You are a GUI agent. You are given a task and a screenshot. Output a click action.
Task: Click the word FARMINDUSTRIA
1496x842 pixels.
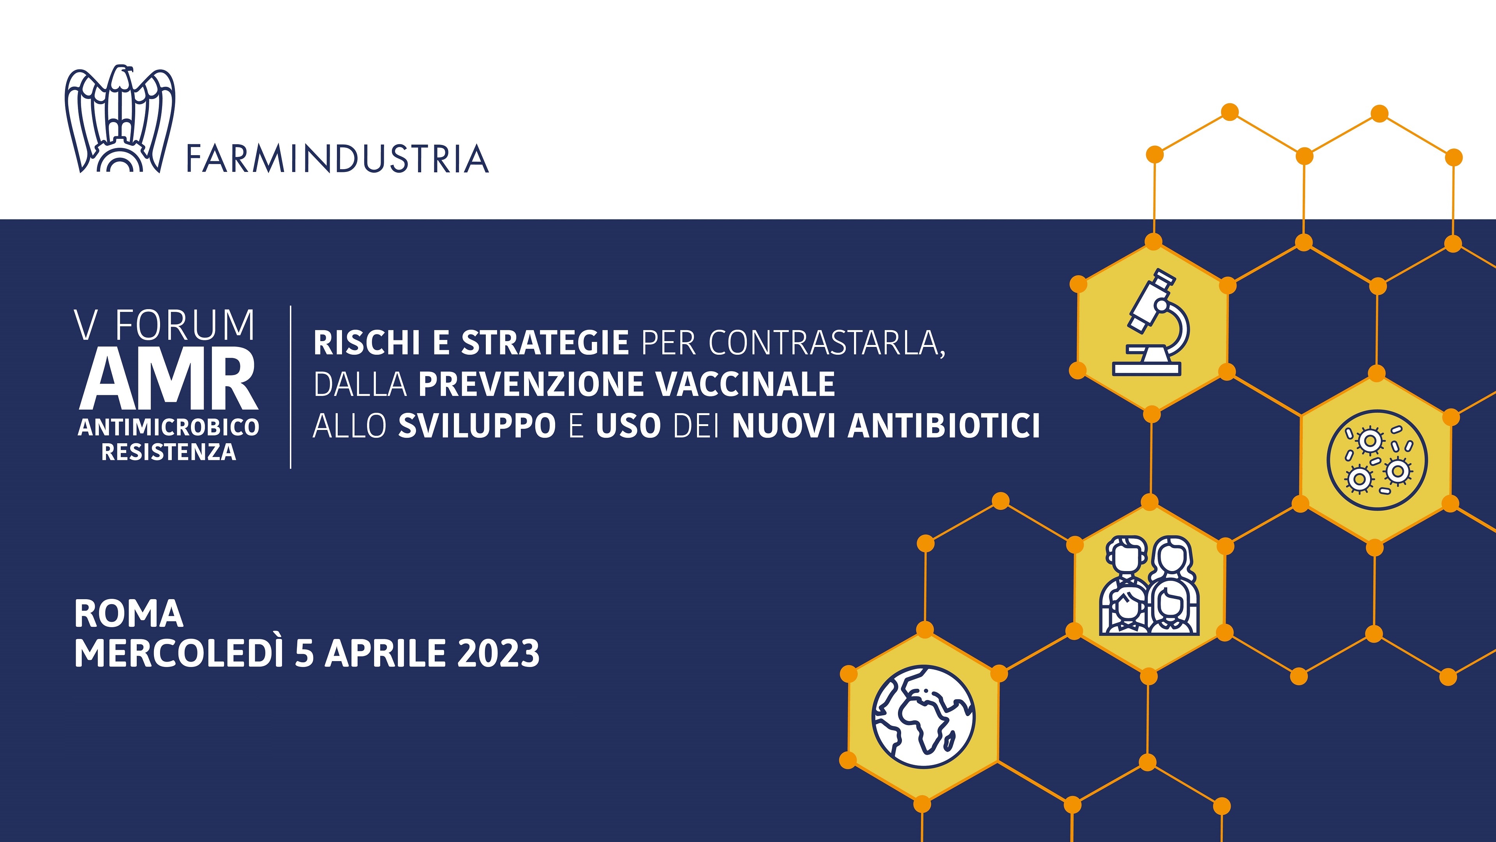coord(337,159)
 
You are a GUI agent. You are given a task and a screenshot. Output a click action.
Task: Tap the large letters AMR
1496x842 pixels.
coord(168,379)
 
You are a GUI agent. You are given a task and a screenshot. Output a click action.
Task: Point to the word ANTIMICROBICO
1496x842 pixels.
coord(168,427)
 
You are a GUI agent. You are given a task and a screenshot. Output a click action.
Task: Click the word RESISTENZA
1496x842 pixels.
coord(168,452)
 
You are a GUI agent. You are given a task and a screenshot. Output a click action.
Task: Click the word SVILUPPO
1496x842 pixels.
coord(477,426)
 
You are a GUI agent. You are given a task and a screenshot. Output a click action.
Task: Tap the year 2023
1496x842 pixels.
coord(498,653)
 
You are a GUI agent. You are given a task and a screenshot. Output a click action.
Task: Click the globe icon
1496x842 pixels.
coord(923,717)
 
